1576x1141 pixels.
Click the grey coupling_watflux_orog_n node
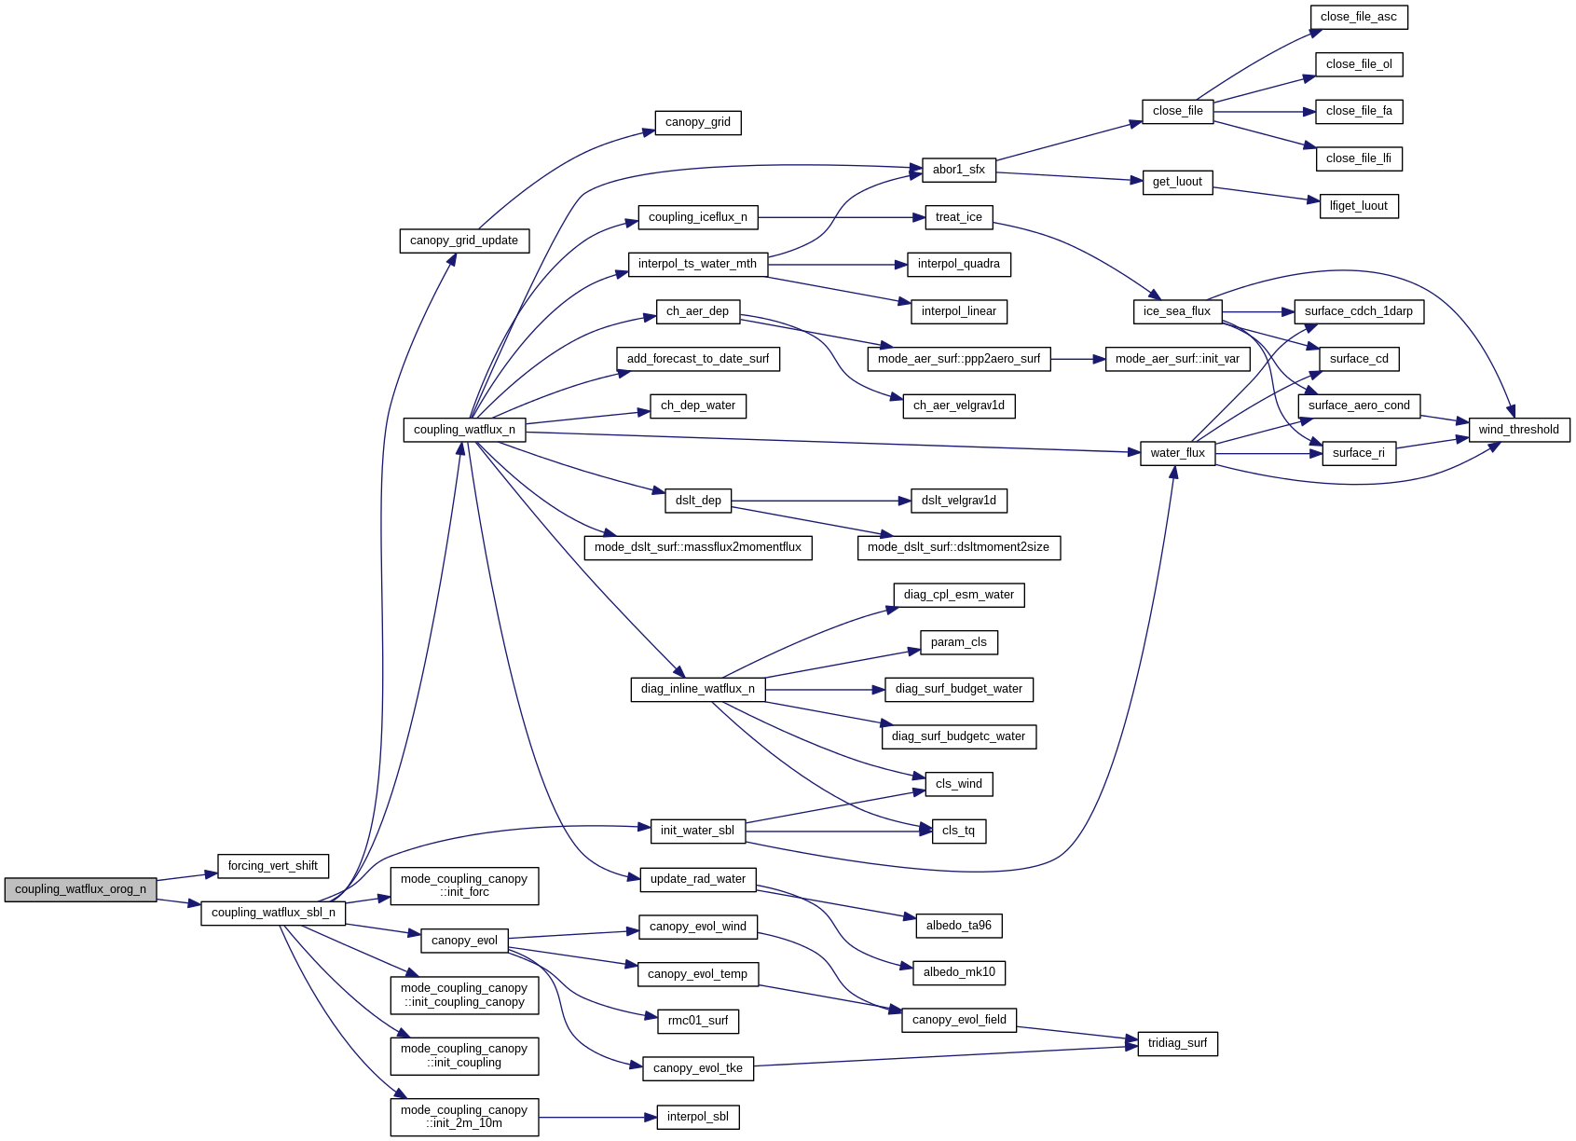click(80, 890)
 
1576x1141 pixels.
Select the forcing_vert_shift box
click(272, 867)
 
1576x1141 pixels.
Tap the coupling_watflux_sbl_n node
click(273, 914)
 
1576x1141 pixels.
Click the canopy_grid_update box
click(464, 241)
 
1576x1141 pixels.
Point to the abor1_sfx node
click(958, 170)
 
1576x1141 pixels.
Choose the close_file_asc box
click(1358, 17)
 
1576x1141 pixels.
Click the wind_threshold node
click(1518, 430)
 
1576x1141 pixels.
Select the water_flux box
click(1177, 454)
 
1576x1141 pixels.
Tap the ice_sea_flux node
click(1176, 312)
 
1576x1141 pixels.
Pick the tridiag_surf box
click(1177, 1044)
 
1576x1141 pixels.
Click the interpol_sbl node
click(697, 1118)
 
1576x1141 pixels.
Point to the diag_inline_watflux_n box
click(697, 690)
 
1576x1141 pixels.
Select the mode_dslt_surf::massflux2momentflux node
click(697, 548)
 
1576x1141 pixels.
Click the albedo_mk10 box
click(958, 973)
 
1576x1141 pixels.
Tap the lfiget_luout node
click(1358, 206)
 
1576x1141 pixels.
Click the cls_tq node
click(958, 832)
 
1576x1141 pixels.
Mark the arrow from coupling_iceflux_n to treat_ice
click(839, 218)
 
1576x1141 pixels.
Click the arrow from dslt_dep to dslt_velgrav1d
click(820, 502)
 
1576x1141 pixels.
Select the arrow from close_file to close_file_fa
click(1263, 112)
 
